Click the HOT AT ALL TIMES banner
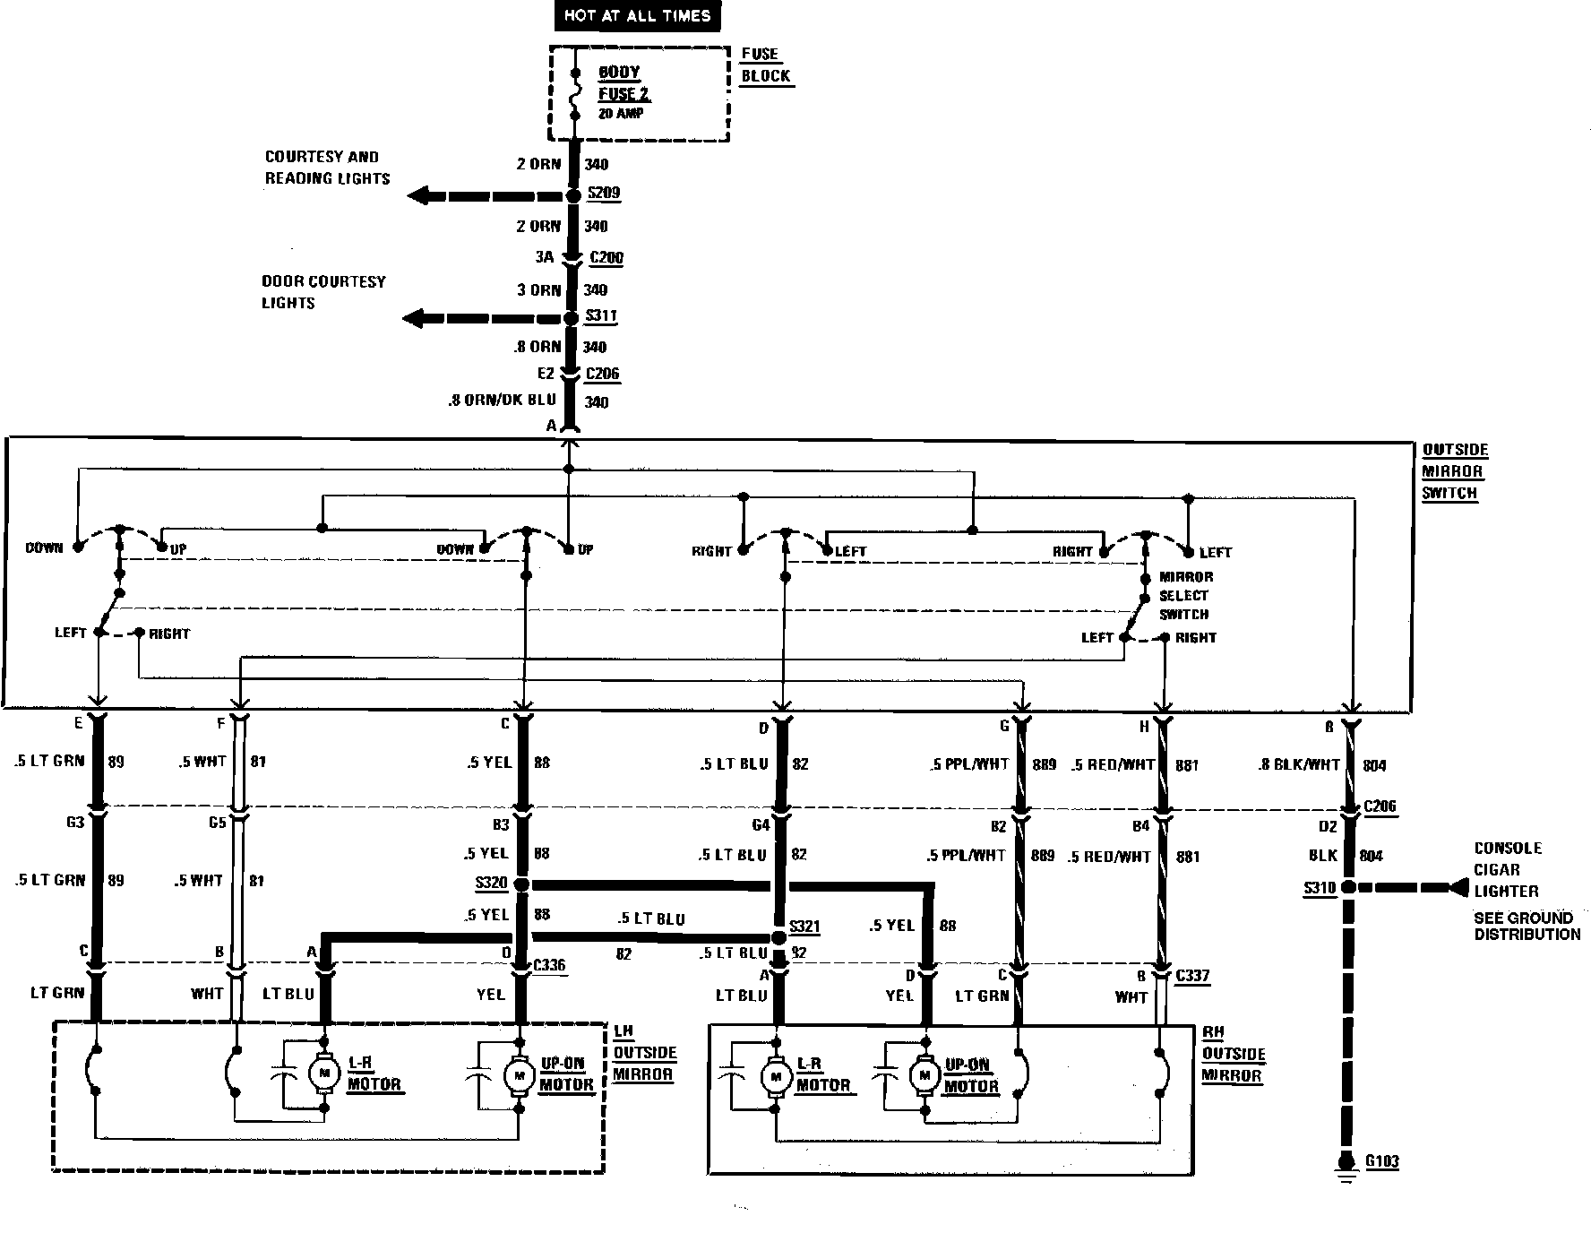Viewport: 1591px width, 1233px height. [637, 16]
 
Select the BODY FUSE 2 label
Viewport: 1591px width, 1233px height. [623, 83]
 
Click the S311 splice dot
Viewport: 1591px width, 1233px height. [572, 318]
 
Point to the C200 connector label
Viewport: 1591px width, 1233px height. [606, 258]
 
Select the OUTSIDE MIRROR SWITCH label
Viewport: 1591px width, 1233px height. [1454, 471]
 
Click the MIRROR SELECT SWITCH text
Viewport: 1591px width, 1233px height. [1185, 596]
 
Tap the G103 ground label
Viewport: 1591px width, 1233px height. [1381, 1162]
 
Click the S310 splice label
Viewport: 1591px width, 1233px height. [1320, 889]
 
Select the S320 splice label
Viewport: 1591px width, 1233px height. [491, 884]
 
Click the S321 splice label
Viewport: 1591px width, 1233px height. [804, 927]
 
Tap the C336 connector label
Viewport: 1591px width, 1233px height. [548, 966]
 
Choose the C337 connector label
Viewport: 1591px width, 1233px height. [1192, 975]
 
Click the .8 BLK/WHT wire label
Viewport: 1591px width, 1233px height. [1300, 764]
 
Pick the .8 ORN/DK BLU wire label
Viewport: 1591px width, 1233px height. [503, 401]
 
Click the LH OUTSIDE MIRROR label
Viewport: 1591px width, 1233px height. [643, 1053]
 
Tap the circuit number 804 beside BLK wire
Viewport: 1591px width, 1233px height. [1371, 856]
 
